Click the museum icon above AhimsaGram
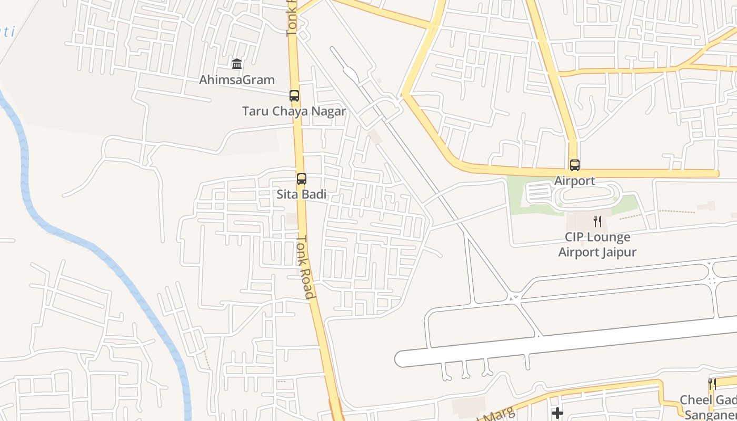[237, 64]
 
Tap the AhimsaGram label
[237, 80]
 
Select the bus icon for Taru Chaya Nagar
[294, 96]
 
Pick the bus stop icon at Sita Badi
[302, 179]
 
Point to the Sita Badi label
[302, 194]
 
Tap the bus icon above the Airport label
[575, 165]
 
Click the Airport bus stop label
[575, 181]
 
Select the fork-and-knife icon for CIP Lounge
[597, 222]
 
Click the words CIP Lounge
[597, 237]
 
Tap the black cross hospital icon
[557, 413]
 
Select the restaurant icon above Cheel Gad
[712, 384]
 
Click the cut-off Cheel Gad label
[708, 400]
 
